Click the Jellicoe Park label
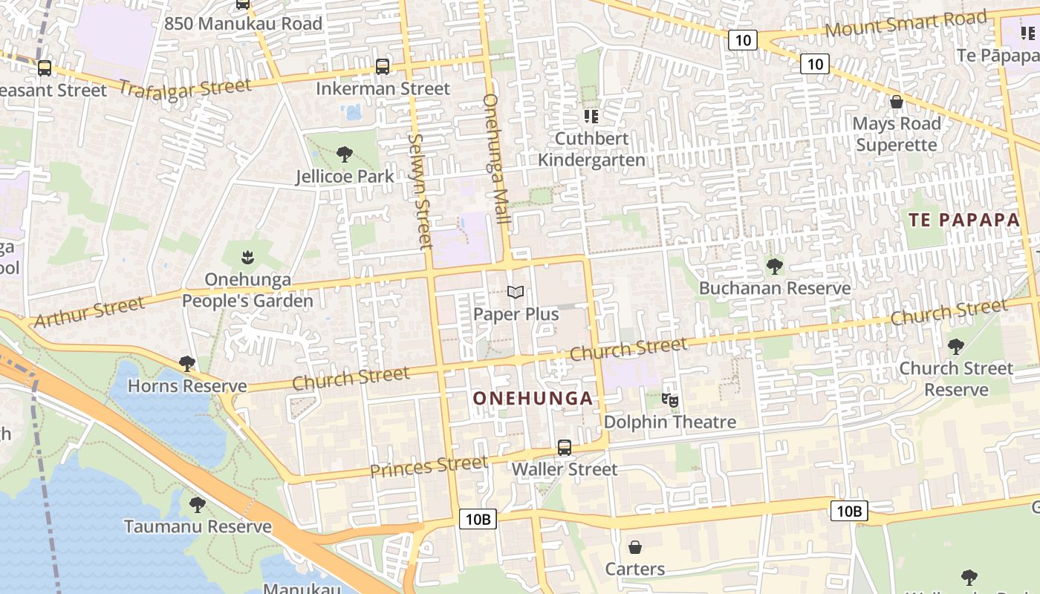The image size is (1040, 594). (x=345, y=177)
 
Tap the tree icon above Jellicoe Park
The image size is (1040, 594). (x=344, y=154)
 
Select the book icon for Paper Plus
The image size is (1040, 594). (x=516, y=293)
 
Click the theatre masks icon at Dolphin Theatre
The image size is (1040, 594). (x=670, y=400)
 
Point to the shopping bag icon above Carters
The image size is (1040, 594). (x=635, y=547)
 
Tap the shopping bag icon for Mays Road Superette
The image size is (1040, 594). (x=897, y=102)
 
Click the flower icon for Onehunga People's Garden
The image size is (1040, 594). (x=247, y=258)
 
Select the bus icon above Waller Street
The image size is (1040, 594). (x=565, y=448)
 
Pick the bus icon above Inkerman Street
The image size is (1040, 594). (x=383, y=67)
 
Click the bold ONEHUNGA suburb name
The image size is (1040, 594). (x=533, y=399)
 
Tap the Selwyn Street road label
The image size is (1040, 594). (x=420, y=191)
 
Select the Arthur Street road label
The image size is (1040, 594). (x=89, y=313)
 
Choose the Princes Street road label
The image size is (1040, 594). (x=429, y=467)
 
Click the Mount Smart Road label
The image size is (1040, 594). (x=906, y=25)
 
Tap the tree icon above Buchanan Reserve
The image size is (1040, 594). (x=775, y=266)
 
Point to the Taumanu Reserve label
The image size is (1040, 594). (x=198, y=527)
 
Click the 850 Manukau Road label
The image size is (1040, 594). (x=243, y=24)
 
